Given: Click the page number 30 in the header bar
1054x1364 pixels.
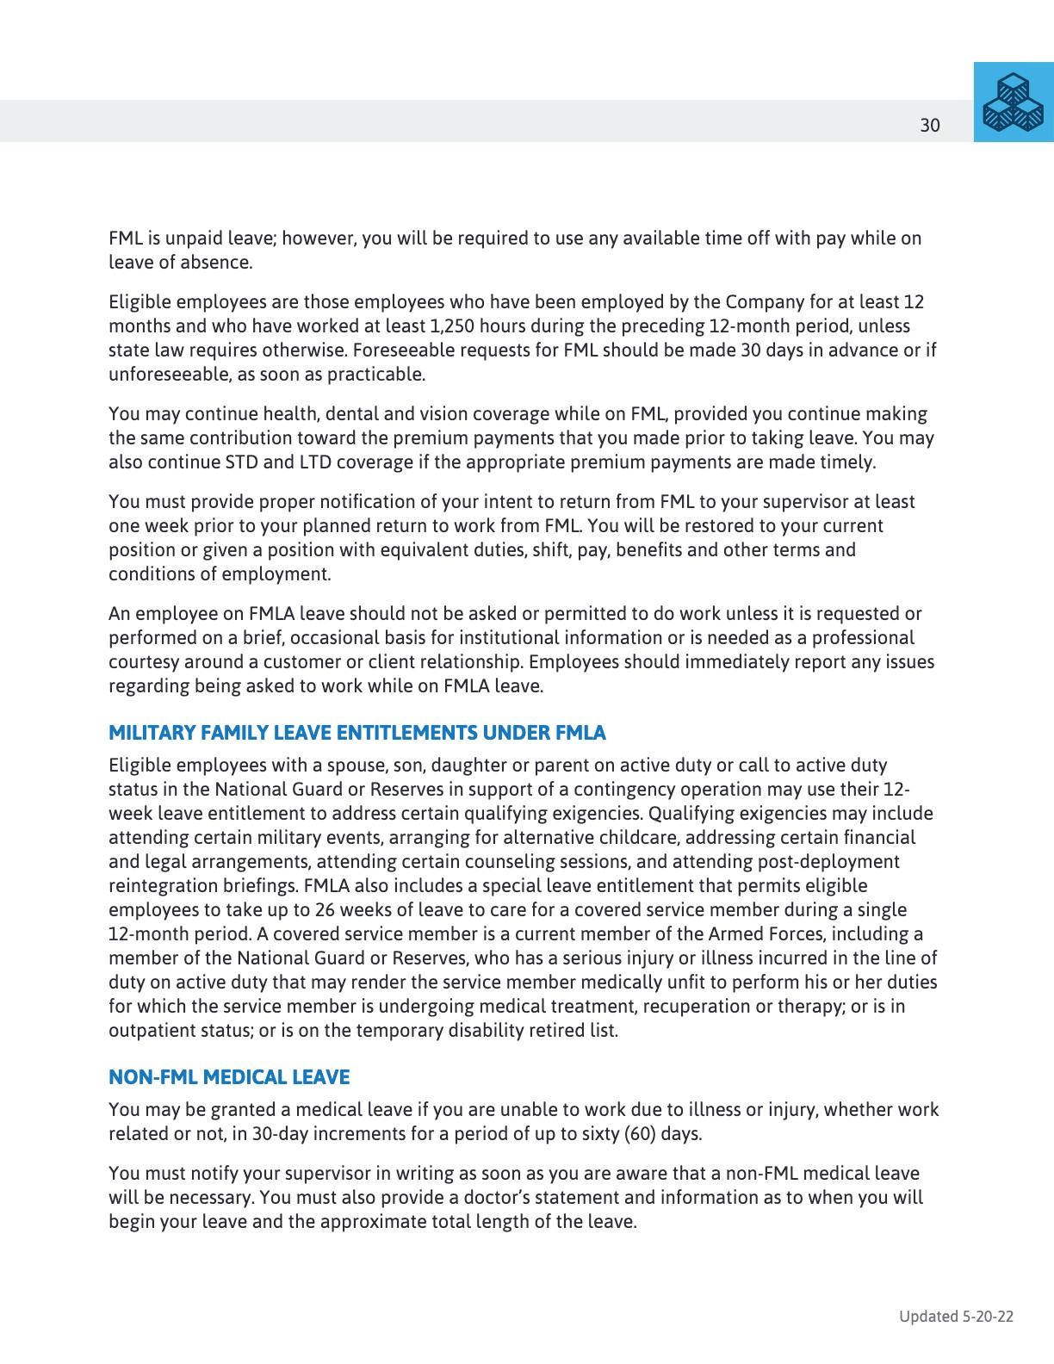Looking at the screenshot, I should [x=930, y=126].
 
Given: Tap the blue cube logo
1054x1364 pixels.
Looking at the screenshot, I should [x=1014, y=102].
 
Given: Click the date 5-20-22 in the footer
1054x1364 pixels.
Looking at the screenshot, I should [x=989, y=1316].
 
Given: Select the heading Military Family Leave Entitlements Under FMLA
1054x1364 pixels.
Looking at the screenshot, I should [x=356, y=733].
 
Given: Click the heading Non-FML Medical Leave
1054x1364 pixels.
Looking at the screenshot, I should [x=229, y=1077].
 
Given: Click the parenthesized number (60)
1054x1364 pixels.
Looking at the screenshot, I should [x=640, y=1134].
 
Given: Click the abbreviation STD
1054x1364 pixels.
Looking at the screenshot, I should [x=241, y=462].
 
